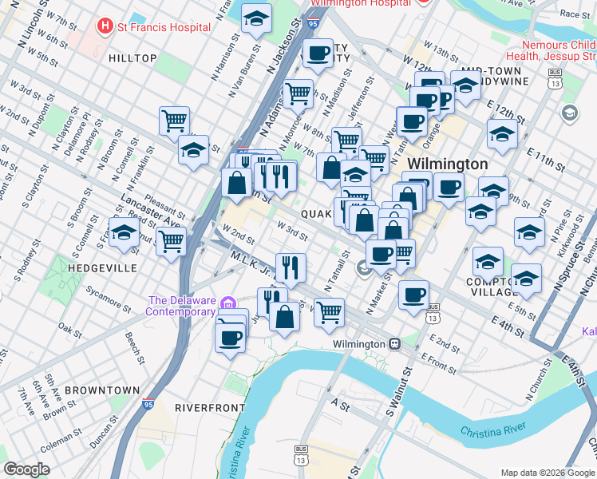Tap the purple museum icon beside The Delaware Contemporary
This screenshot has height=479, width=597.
click(229, 303)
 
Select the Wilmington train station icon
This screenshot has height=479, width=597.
click(394, 344)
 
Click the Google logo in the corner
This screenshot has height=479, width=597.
click(26, 469)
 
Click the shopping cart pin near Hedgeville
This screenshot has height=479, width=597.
click(171, 240)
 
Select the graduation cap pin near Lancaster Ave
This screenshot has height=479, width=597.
click(124, 232)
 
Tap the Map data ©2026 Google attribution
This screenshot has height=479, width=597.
click(546, 472)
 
